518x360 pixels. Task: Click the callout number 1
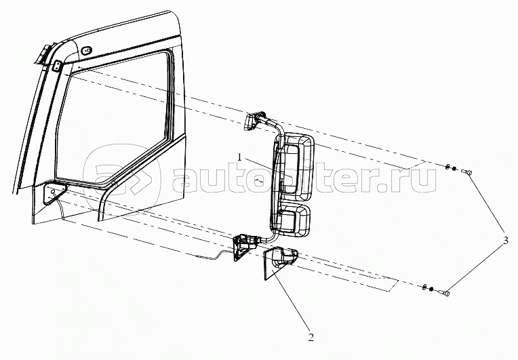(240, 157)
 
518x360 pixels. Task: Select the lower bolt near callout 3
(445, 293)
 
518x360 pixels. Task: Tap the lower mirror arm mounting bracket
(242, 245)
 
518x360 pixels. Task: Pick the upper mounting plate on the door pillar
(58, 66)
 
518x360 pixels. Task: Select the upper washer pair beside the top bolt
(451, 168)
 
